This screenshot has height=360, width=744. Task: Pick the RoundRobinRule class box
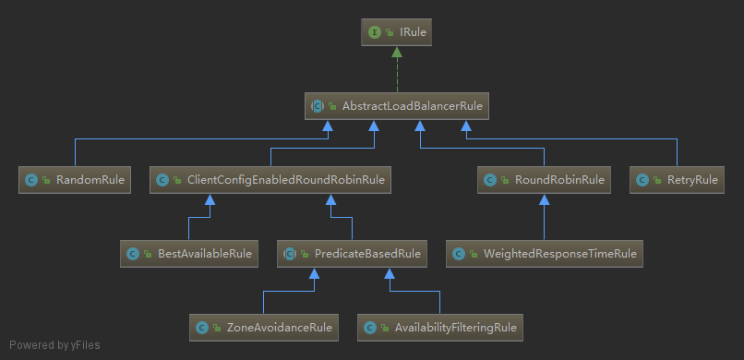[x=544, y=180]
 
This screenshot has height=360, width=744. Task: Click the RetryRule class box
[x=677, y=180]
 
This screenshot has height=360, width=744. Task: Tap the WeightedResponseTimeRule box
[x=545, y=253]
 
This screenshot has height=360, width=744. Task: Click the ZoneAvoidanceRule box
[x=263, y=327]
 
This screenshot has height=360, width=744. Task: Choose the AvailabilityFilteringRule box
[x=440, y=327]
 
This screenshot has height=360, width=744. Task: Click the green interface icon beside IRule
[x=375, y=32]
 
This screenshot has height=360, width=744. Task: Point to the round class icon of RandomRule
[x=31, y=180]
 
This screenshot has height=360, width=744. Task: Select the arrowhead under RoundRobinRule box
[x=544, y=199]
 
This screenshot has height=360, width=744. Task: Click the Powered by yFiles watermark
[x=54, y=346]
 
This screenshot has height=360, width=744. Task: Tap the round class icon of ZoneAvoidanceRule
[x=201, y=327]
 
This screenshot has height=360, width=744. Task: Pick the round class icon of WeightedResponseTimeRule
[x=459, y=253]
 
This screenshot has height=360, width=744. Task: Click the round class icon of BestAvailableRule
[x=132, y=253]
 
